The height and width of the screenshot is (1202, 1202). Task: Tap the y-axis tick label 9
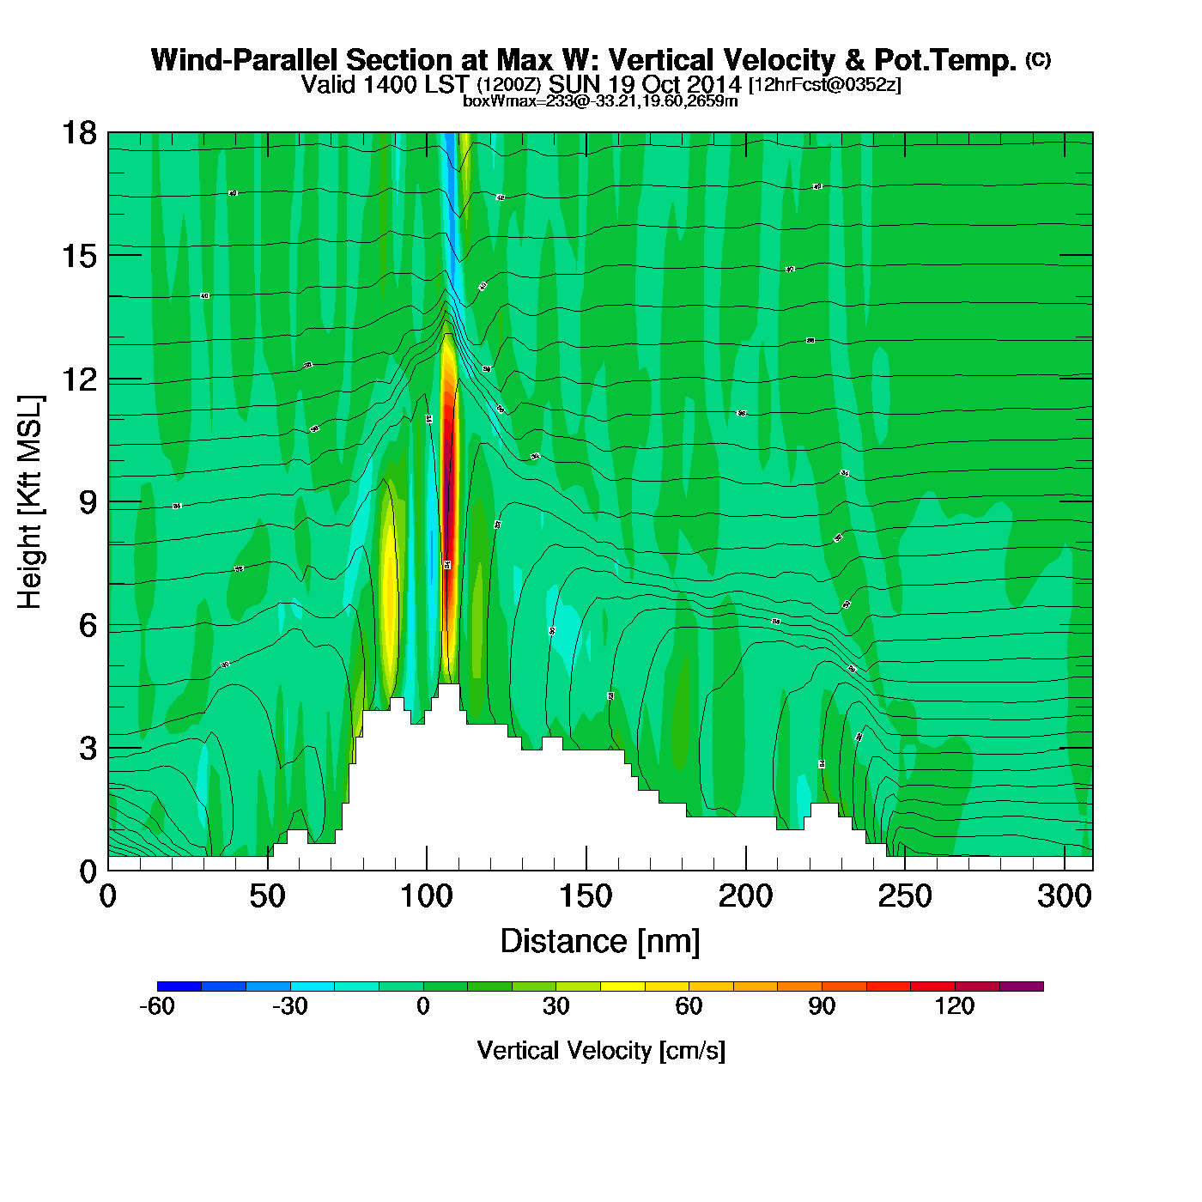click(x=88, y=502)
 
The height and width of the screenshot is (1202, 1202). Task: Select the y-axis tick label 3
click(x=88, y=749)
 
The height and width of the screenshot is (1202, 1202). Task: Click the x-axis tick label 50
click(x=267, y=897)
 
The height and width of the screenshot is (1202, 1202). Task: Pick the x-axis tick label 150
click(x=586, y=897)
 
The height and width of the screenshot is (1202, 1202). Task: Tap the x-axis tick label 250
click(x=905, y=897)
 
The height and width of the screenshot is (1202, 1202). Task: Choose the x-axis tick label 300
click(x=1064, y=897)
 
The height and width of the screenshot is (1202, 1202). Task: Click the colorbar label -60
click(x=157, y=1006)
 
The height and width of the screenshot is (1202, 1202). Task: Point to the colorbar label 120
click(x=954, y=1006)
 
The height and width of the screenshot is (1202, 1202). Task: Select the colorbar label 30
click(x=555, y=1006)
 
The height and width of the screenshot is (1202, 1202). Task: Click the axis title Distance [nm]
click(x=600, y=942)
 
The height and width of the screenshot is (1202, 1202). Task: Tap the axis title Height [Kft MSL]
click(x=30, y=502)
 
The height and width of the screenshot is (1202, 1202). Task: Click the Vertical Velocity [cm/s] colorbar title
click(x=601, y=1051)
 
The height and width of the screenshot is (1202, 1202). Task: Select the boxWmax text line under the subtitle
click(x=600, y=101)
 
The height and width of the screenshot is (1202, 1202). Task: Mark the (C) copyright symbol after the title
click(x=1038, y=59)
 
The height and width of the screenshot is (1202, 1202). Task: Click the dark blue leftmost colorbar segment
click(x=179, y=986)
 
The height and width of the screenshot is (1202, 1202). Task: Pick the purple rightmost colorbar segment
click(x=1022, y=986)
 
